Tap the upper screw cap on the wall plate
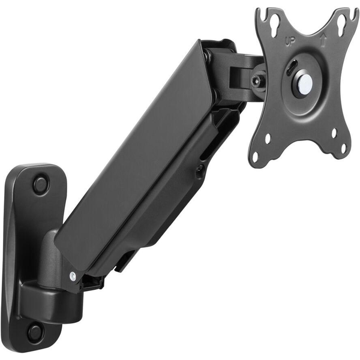(41, 184)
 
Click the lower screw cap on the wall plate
(35, 331)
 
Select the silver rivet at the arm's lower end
(73, 276)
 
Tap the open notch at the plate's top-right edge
(354, 14)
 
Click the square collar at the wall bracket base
(48, 304)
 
